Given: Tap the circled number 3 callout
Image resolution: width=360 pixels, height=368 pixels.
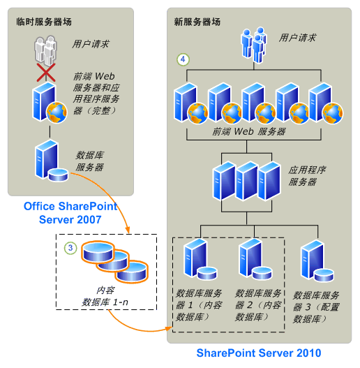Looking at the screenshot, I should pyautogui.click(x=70, y=247).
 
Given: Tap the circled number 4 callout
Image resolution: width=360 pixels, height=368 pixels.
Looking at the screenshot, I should pyautogui.click(x=182, y=61).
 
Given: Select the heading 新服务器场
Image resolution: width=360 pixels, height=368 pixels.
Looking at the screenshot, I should pyautogui.click(x=197, y=22).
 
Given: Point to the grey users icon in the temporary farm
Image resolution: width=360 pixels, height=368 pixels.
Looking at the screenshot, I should pyautogui.click(x=47, y=51).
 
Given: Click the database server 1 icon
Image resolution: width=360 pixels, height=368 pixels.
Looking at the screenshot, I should pyautogui.click(x=197, y=262).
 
